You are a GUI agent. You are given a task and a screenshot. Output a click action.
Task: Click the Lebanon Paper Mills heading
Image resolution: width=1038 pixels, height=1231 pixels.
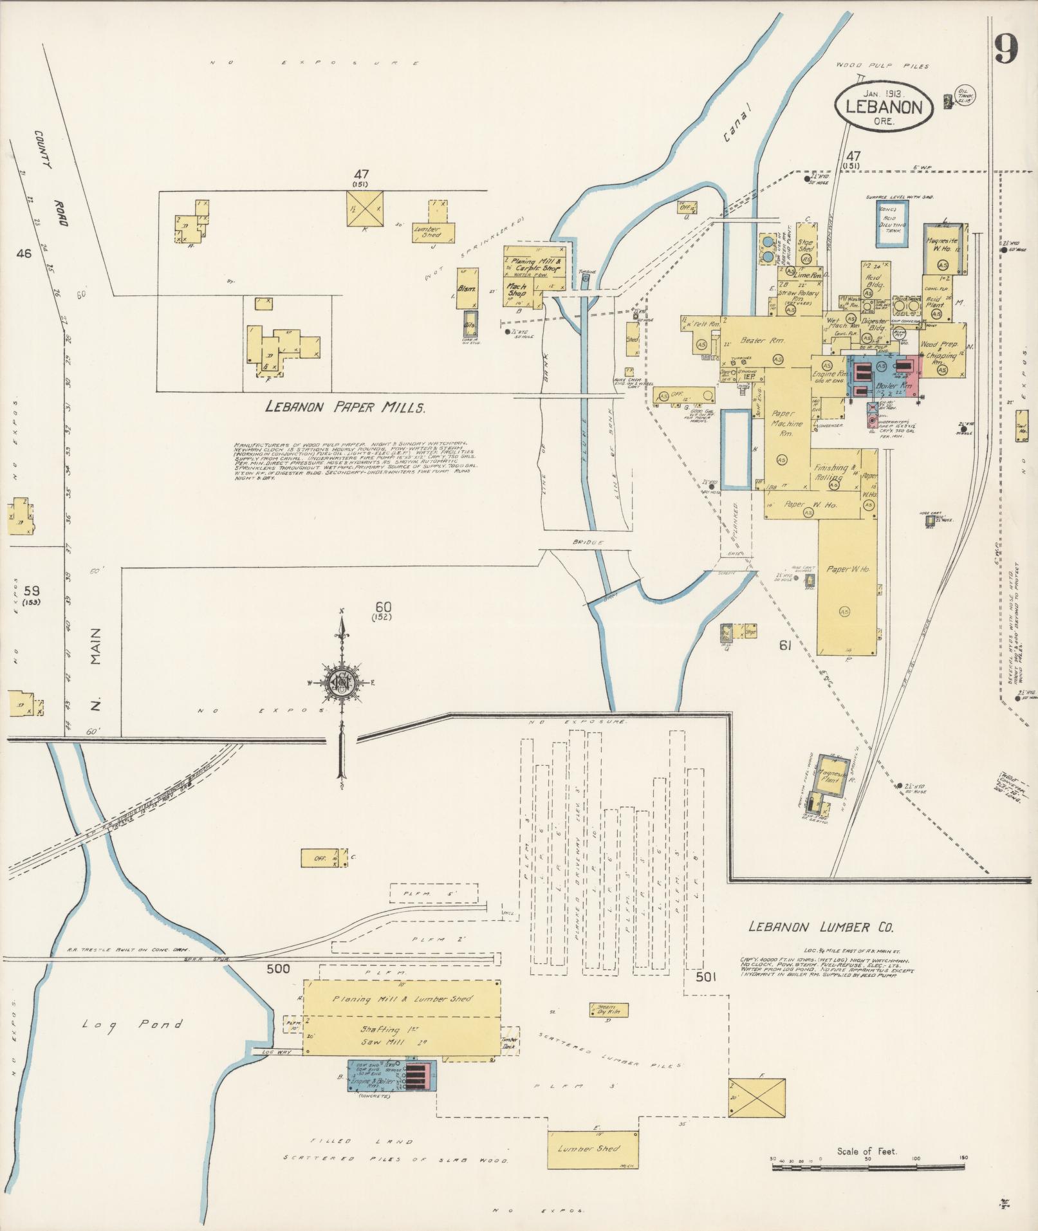[345, 407]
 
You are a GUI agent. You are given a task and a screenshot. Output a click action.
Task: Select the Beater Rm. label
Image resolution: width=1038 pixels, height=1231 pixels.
[761, 340]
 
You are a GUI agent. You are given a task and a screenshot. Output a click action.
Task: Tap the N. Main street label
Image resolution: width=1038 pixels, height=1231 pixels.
[96, 673]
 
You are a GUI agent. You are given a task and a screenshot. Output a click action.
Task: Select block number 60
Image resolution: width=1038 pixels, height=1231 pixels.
[384, 607]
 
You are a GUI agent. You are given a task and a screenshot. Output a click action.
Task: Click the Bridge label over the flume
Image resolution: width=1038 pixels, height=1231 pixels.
[588, 542]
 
